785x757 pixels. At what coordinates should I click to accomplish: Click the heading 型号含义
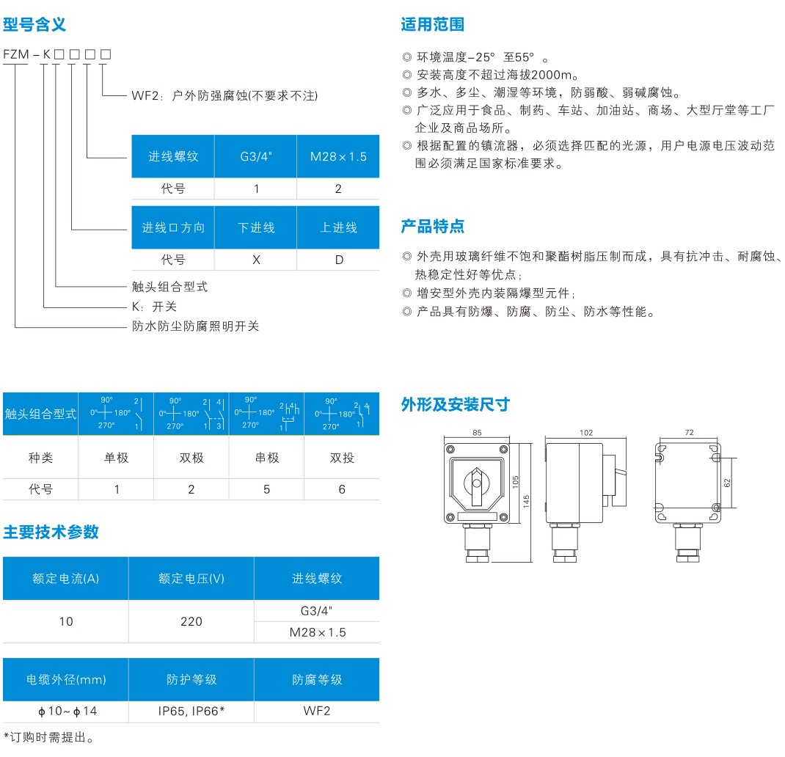click(34, 24)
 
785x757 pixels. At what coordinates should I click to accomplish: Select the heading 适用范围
click(432, 24)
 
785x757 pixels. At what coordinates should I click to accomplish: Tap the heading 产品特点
click(432, 226)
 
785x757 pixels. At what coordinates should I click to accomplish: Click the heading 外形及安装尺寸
click(455, 404)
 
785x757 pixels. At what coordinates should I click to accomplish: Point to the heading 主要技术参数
click(51, 533)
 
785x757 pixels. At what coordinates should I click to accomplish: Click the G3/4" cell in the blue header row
click(255, 156)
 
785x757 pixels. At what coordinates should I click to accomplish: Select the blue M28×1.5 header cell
click(338, 156)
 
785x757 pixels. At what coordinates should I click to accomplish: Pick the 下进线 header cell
click(255, 227)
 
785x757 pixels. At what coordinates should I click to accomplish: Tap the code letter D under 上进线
click(338, 260)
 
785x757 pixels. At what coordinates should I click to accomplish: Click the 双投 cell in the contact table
click(341, 458)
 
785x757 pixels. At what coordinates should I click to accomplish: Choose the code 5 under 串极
click(266, 489)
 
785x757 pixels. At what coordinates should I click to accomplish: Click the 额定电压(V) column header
click(191, 578)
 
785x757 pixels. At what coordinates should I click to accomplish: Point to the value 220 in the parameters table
click(191, 621)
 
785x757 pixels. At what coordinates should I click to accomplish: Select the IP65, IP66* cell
click(191, 711)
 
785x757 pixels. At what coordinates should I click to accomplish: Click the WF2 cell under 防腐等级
click(317, 711)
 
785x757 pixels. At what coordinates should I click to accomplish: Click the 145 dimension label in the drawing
click(527, 502)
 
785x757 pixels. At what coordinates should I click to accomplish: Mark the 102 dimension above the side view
click(585, 433)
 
